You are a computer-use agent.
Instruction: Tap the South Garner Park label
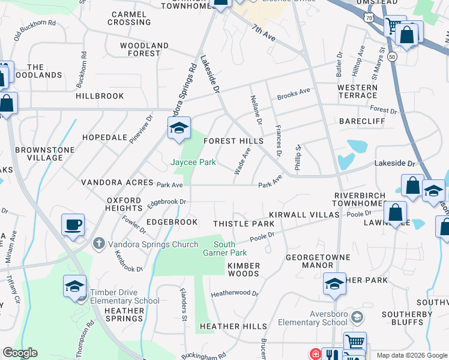(224, 248)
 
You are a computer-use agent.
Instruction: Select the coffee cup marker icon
(73, 225)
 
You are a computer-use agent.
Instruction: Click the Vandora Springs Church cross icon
(99, 244)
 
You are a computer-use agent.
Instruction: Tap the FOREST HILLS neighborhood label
(234, 141)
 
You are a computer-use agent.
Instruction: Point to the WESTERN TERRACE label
(357, 91)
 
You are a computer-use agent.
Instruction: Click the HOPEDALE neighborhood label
(104, 137)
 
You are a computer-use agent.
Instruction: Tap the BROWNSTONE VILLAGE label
(45, 154)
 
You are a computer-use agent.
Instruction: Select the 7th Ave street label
(264, 33)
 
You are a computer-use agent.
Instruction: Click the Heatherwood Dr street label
(234, 294)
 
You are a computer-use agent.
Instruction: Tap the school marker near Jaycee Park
(179, 128)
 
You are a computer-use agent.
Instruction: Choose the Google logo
(20, 353)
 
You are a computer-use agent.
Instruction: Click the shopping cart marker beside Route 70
(394, 26)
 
